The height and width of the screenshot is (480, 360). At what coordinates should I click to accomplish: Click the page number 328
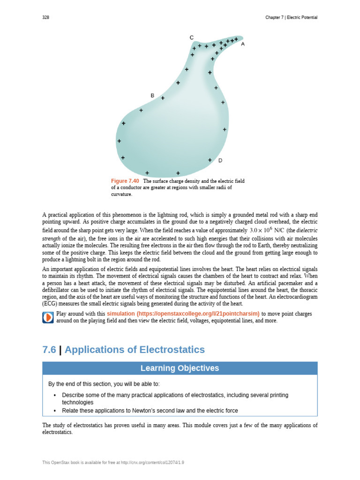45,17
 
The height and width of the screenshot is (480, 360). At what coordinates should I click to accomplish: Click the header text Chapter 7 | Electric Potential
291,17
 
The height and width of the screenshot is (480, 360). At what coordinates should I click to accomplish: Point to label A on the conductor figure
243,44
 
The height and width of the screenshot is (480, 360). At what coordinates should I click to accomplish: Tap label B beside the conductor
152,96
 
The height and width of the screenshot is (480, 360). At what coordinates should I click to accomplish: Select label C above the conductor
191,37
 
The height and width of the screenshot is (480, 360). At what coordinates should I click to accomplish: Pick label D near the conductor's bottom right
220,160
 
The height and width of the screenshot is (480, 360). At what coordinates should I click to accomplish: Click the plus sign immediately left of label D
210,160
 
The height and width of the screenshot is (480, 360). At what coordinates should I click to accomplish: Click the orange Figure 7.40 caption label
125,181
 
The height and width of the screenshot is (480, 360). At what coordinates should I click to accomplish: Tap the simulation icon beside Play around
48,317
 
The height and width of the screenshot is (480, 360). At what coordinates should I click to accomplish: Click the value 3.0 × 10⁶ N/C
267,230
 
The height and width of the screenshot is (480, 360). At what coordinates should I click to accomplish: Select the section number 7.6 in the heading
49,350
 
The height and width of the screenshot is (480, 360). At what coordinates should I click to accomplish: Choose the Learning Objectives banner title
180,368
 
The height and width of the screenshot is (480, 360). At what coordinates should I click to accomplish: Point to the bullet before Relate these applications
55,411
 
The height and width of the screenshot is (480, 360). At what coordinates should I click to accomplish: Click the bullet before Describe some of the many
55,395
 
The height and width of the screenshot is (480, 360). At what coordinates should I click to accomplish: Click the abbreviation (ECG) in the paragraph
50,304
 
